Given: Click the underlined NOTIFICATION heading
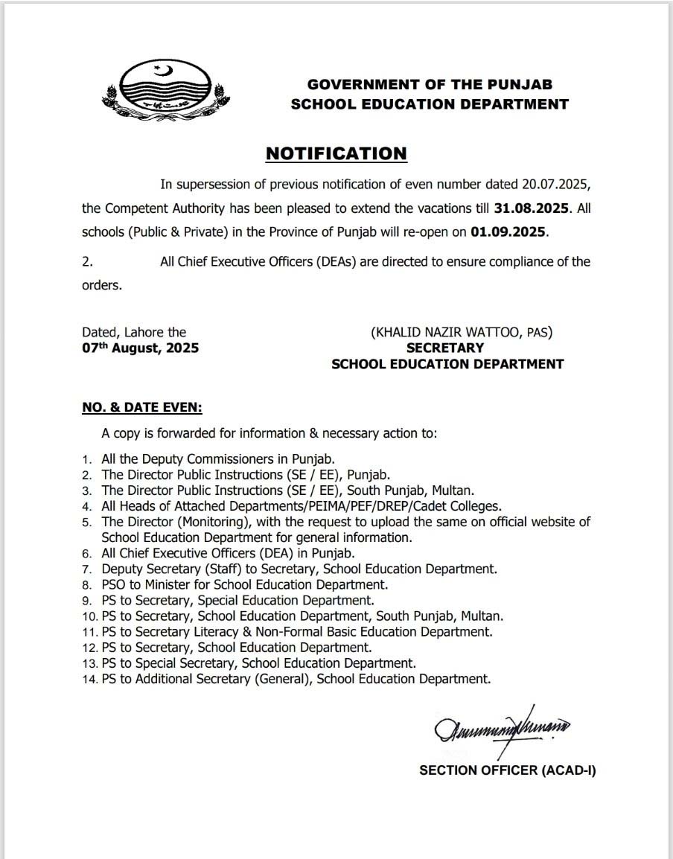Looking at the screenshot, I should pos(336,153).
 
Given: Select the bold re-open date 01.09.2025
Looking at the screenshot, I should pos(509,231).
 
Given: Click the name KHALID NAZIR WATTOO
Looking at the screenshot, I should pos(446,333).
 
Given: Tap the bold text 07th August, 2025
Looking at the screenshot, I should pos(141,348).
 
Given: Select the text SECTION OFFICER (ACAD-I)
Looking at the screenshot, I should pos(507,771).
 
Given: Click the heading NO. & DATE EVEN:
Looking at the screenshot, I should pos(142,408).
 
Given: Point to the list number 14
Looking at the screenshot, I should pos(91,680).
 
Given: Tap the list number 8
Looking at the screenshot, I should pos(87,585).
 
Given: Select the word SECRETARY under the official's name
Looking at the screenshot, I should pos(444,348).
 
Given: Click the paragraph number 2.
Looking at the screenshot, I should pos(87,262).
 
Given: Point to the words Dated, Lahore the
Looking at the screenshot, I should pos(134,332).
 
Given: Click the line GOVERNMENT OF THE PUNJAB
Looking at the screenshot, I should pos(430,86).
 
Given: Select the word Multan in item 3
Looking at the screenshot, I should pos(454,491).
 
